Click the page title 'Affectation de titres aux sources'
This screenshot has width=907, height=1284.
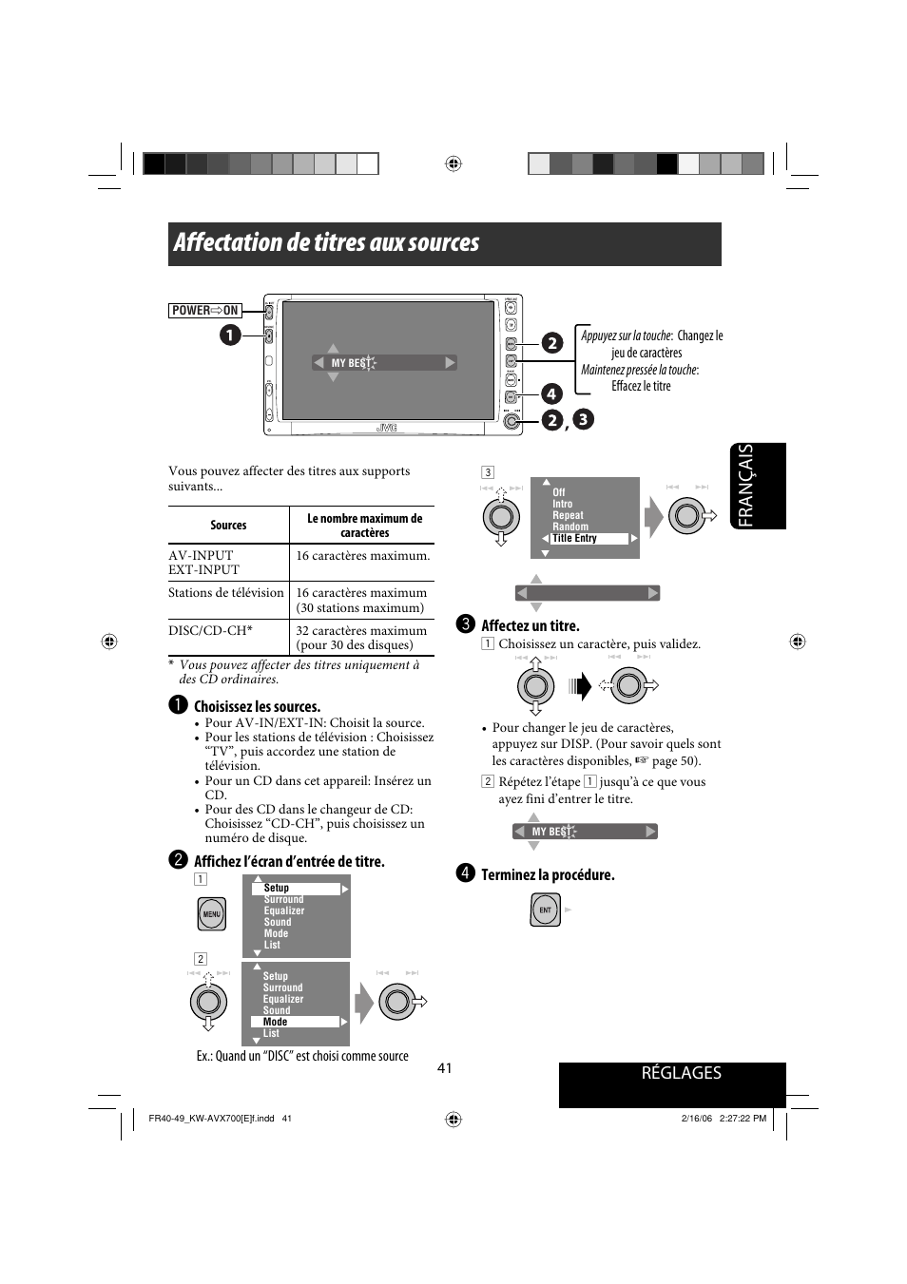[x=326, y=243]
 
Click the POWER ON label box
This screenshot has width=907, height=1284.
[x=204, y=311]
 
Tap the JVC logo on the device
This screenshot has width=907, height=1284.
[x=386, y=428]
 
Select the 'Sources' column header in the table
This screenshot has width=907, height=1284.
[x=228, y=526]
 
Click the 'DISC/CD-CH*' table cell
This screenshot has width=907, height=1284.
[x=210, y=630]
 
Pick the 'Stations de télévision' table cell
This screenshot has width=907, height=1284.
[x=226, y=593]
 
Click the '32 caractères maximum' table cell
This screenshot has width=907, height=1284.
[x=361, y=637]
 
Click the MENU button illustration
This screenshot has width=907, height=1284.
[x=212, y=914]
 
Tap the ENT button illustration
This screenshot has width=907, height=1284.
[x=545, y=910]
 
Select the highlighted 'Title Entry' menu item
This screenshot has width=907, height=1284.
[x=575, y=539]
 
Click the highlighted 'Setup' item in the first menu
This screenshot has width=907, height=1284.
[x=277, y=889]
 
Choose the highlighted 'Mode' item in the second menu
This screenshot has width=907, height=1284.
[x=276, y=1023]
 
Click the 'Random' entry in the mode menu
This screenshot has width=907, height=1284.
[x=570, y=527]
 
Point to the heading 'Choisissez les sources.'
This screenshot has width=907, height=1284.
[x=257, y=707]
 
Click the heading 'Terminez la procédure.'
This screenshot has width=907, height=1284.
[x=548, y=875]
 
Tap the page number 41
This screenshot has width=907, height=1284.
[x=445, y=1068]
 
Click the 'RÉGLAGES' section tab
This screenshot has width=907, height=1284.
[x=682, y=1073]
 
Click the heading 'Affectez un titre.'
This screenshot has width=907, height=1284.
[x=530, y=625]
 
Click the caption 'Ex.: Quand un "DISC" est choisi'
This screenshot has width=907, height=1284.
[x=302, y=1056]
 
